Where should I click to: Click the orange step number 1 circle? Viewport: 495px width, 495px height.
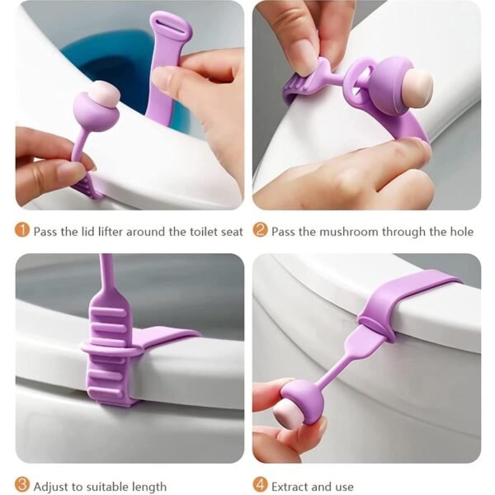tap(22, 231)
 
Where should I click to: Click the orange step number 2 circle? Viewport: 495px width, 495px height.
tap(260, 231)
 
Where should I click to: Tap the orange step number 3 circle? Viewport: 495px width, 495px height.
tap(22, 485)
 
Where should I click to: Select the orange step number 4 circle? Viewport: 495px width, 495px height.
tap(260, 485)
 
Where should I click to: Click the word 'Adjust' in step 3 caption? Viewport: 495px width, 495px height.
tap(51, 486)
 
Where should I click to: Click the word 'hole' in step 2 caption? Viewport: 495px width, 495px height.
tap(462, 232)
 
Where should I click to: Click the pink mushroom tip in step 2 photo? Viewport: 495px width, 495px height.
tap(417, 86)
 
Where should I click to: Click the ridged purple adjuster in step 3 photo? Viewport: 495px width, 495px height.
tap(109, 355)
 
